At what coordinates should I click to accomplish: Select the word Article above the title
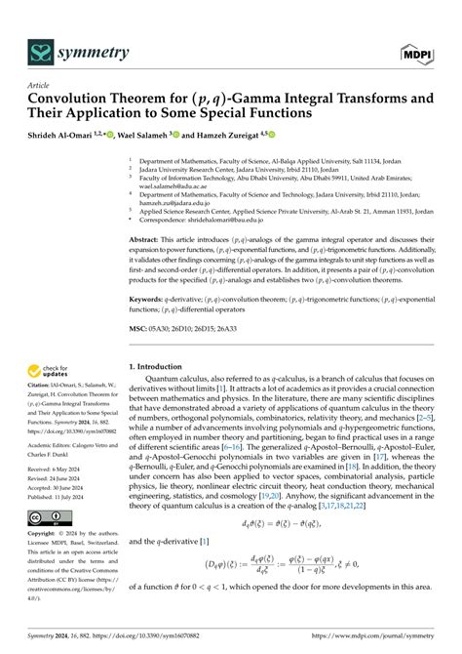click(x=38, y=85)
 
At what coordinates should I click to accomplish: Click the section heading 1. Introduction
click(x=165, y=366)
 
